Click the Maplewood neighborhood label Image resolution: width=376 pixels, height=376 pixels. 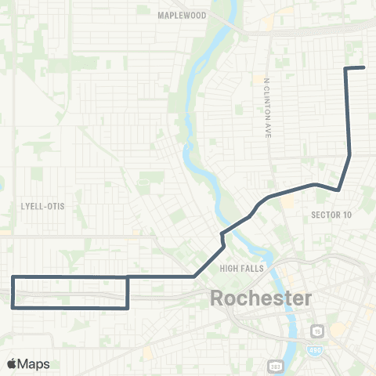[181, 15]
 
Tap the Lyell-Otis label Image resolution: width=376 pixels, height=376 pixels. [42, 206]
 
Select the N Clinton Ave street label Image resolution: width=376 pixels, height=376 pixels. [267, 108]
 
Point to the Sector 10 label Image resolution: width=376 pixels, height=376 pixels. [331, 215]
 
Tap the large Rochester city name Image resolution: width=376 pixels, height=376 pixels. [261, 298]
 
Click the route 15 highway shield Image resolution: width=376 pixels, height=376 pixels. [316, 331]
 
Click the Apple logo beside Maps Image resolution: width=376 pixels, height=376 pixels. [12, 363]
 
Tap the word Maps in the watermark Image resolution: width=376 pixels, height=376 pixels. [34, 363]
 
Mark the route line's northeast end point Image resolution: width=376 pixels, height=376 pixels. [364, 67]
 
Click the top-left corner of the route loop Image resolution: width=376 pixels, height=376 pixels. [13, 277]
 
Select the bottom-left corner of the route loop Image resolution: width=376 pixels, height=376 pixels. [13, 308]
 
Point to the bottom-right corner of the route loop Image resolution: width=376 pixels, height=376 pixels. [128, 308]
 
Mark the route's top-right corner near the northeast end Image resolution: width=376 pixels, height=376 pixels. [345, 69]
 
